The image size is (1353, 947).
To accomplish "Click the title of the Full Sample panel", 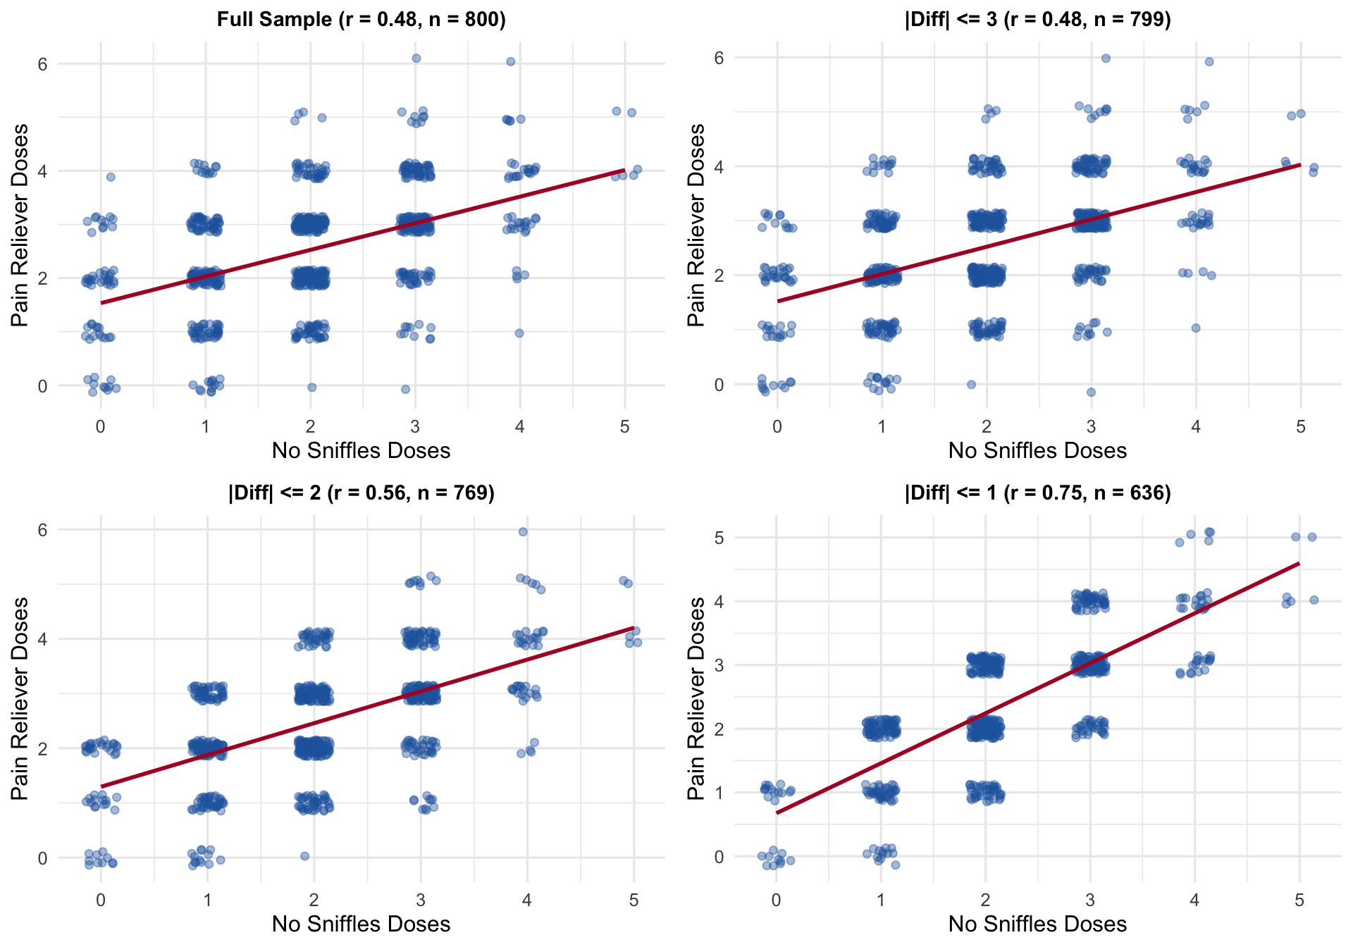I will [361, 19].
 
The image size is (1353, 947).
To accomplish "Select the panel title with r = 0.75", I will [1037, 493].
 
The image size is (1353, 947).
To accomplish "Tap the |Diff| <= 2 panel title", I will [361, 493].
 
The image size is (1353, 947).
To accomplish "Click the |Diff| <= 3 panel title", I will [1037, 19].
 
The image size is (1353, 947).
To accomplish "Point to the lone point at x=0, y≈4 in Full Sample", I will [111, 177].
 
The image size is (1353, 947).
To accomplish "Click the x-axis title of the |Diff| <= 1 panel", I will [1037, 924].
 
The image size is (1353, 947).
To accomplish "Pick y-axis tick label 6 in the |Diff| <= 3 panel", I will [719, 58].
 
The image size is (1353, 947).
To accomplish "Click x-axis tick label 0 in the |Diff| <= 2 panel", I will [101, 900].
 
